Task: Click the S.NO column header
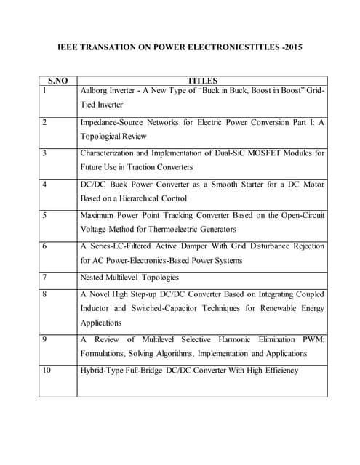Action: tap(58, 81)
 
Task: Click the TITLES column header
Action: tap(202, 81)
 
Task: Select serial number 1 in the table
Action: tap(44, 91)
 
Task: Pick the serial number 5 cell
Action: tap(44, 216)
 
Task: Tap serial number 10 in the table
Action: tap(47, 371)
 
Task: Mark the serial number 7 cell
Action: tap(44, 278)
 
